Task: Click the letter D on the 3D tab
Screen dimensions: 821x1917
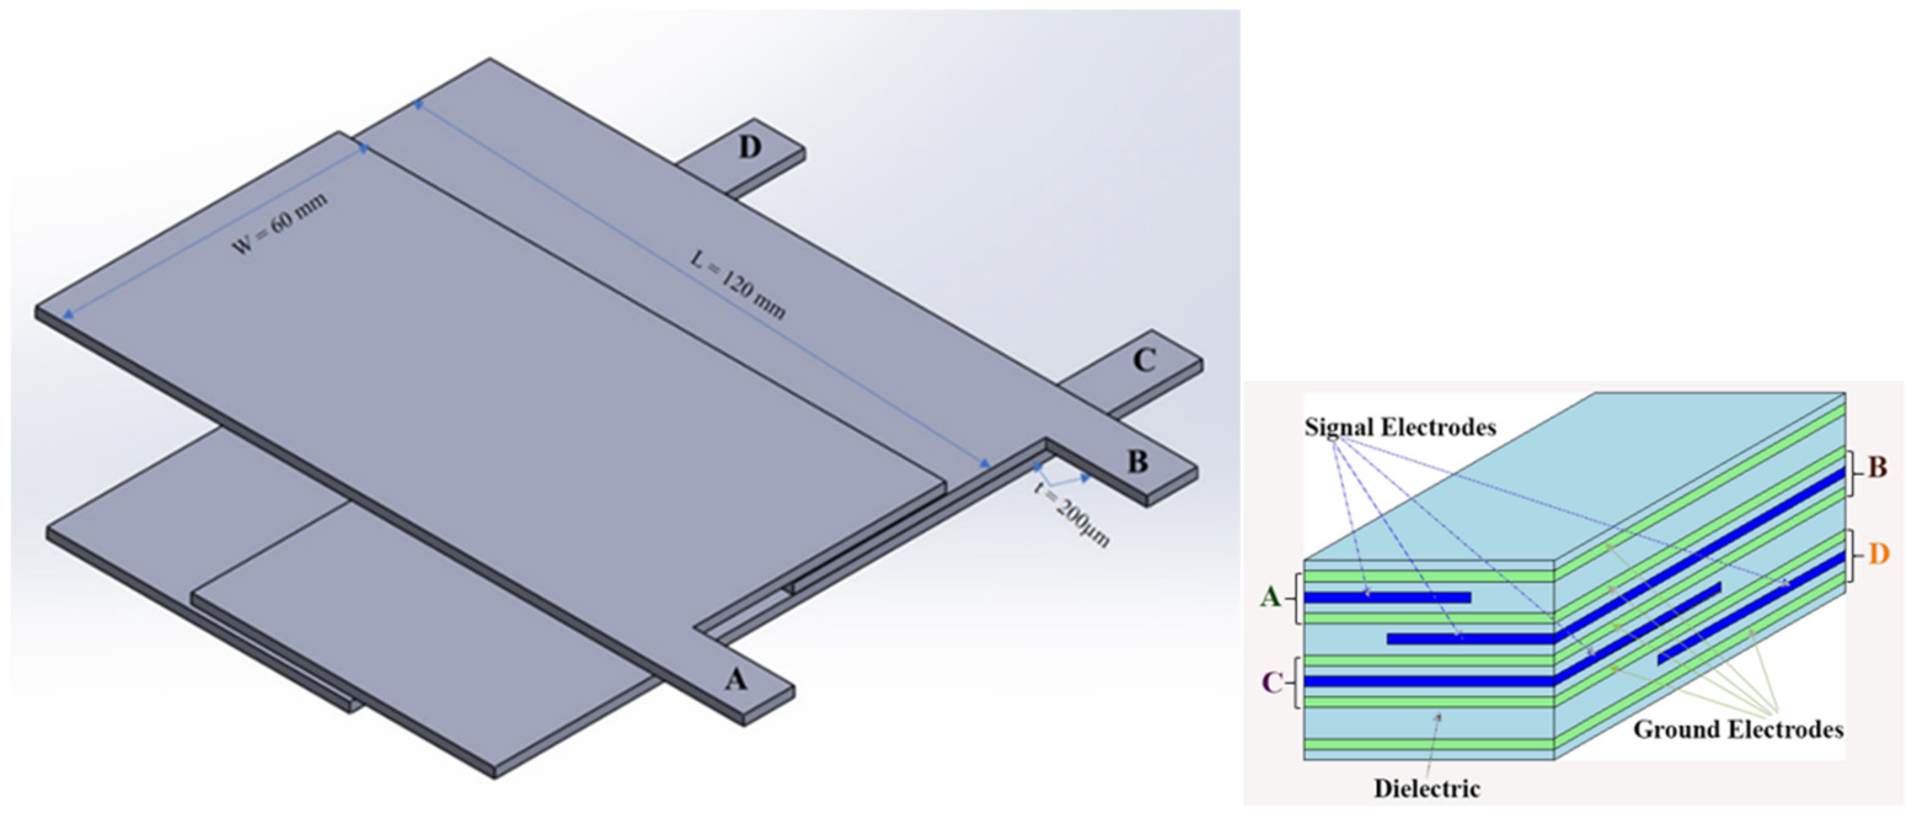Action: point(749,148)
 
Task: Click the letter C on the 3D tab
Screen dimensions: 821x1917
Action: point(1144,361)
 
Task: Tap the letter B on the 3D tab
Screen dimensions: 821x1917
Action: point(1137,462)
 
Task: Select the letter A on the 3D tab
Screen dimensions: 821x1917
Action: point(735,679)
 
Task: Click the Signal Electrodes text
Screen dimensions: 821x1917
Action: point(1400,427)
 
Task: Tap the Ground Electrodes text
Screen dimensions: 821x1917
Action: point(1737,729)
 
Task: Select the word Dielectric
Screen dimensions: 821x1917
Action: point(1426,788)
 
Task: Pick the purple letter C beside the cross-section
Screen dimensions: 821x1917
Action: point(1272,682)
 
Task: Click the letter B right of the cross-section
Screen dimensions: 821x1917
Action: point(1878,467)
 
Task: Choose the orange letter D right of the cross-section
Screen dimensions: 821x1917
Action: point(1879,555)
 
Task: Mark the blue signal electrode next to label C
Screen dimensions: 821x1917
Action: point(1429,681)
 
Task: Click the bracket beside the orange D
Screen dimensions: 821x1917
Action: point(1856,555)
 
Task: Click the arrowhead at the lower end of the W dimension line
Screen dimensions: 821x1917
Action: point(67,315)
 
